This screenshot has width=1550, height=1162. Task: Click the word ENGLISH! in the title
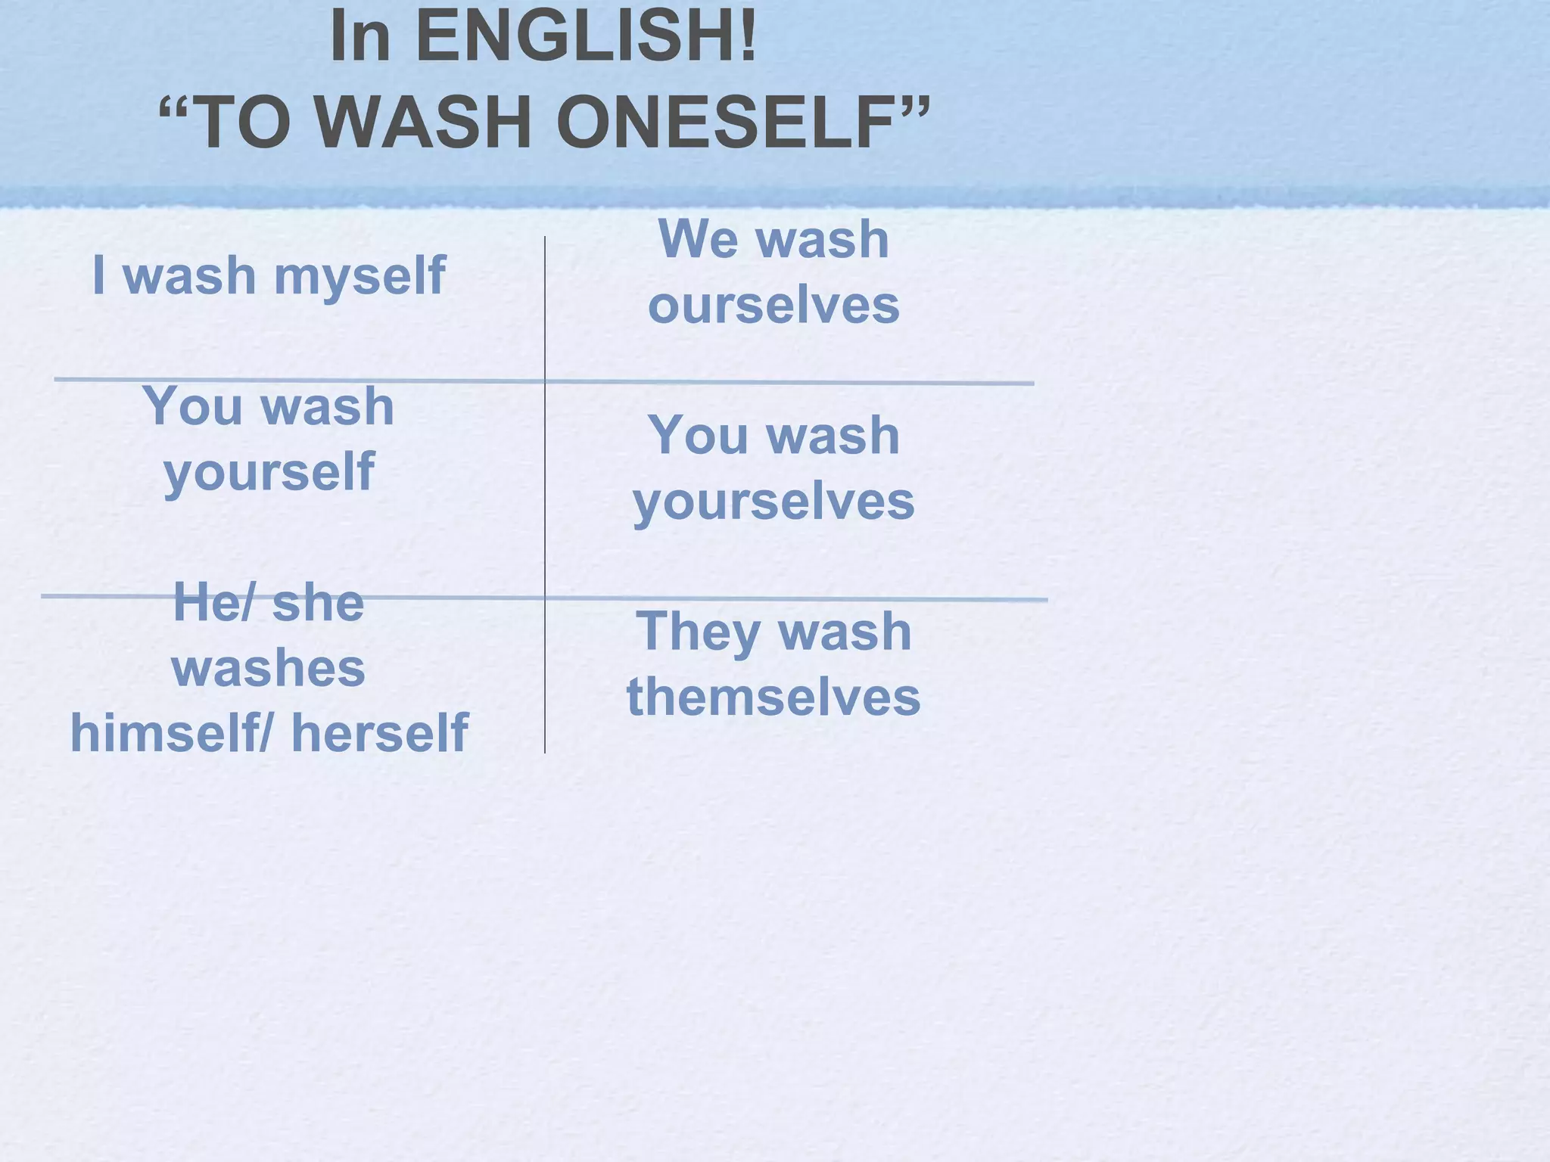point(586,36)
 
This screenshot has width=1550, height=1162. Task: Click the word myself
point(359,277)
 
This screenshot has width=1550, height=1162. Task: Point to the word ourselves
point(773,306)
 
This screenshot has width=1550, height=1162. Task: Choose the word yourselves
point(773,502)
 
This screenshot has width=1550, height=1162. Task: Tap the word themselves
point(773,697)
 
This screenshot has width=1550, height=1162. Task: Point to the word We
point(698,239)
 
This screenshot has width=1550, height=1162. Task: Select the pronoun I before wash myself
point(98,275)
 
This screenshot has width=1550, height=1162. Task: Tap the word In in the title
point(360,36)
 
